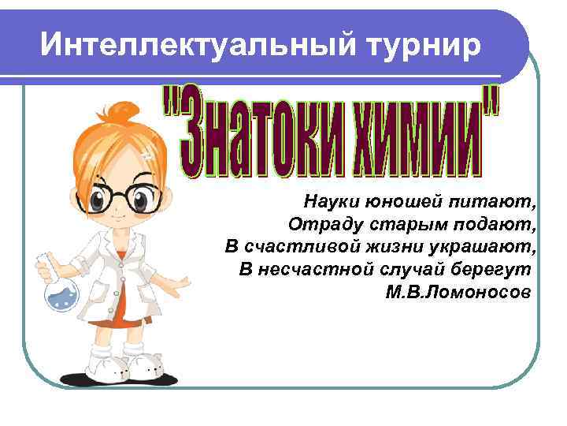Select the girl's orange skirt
[126, 312]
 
